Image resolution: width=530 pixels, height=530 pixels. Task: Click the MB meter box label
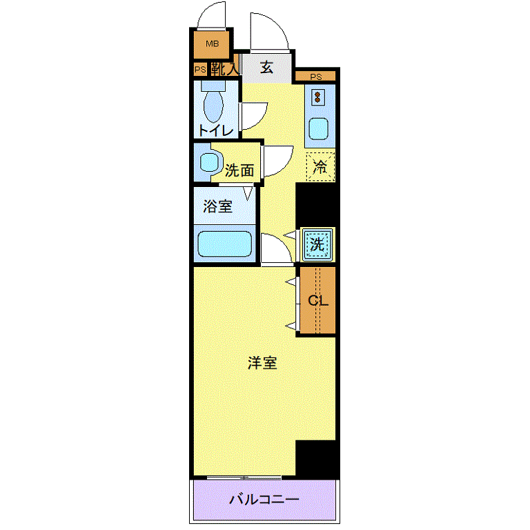213,43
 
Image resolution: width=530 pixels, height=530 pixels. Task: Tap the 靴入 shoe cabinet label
224,69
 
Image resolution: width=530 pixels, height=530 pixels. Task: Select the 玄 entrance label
266,67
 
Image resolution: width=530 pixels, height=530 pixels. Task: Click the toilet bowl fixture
213,102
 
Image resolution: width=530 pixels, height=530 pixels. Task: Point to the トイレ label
216,130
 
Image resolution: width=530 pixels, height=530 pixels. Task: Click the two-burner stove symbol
317,97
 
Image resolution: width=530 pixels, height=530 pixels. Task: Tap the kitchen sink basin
318,129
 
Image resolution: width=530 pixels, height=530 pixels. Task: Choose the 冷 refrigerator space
320,166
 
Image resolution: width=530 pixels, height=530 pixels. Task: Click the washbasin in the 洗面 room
208,163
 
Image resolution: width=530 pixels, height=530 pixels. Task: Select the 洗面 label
239,170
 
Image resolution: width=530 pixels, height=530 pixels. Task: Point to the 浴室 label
217,206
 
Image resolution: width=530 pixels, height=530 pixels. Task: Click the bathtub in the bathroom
224,244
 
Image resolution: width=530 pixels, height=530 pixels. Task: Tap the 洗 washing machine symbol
317,244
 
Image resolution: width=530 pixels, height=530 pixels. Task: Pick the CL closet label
318,300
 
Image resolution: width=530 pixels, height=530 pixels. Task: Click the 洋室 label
262,363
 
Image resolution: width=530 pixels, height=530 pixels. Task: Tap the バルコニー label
264,499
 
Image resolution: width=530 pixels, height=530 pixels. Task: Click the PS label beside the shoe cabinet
200,70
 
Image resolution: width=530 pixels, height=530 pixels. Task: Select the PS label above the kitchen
316,77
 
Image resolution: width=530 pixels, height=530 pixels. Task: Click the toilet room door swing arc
259,119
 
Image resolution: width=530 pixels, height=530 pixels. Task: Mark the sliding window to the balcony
244,478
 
